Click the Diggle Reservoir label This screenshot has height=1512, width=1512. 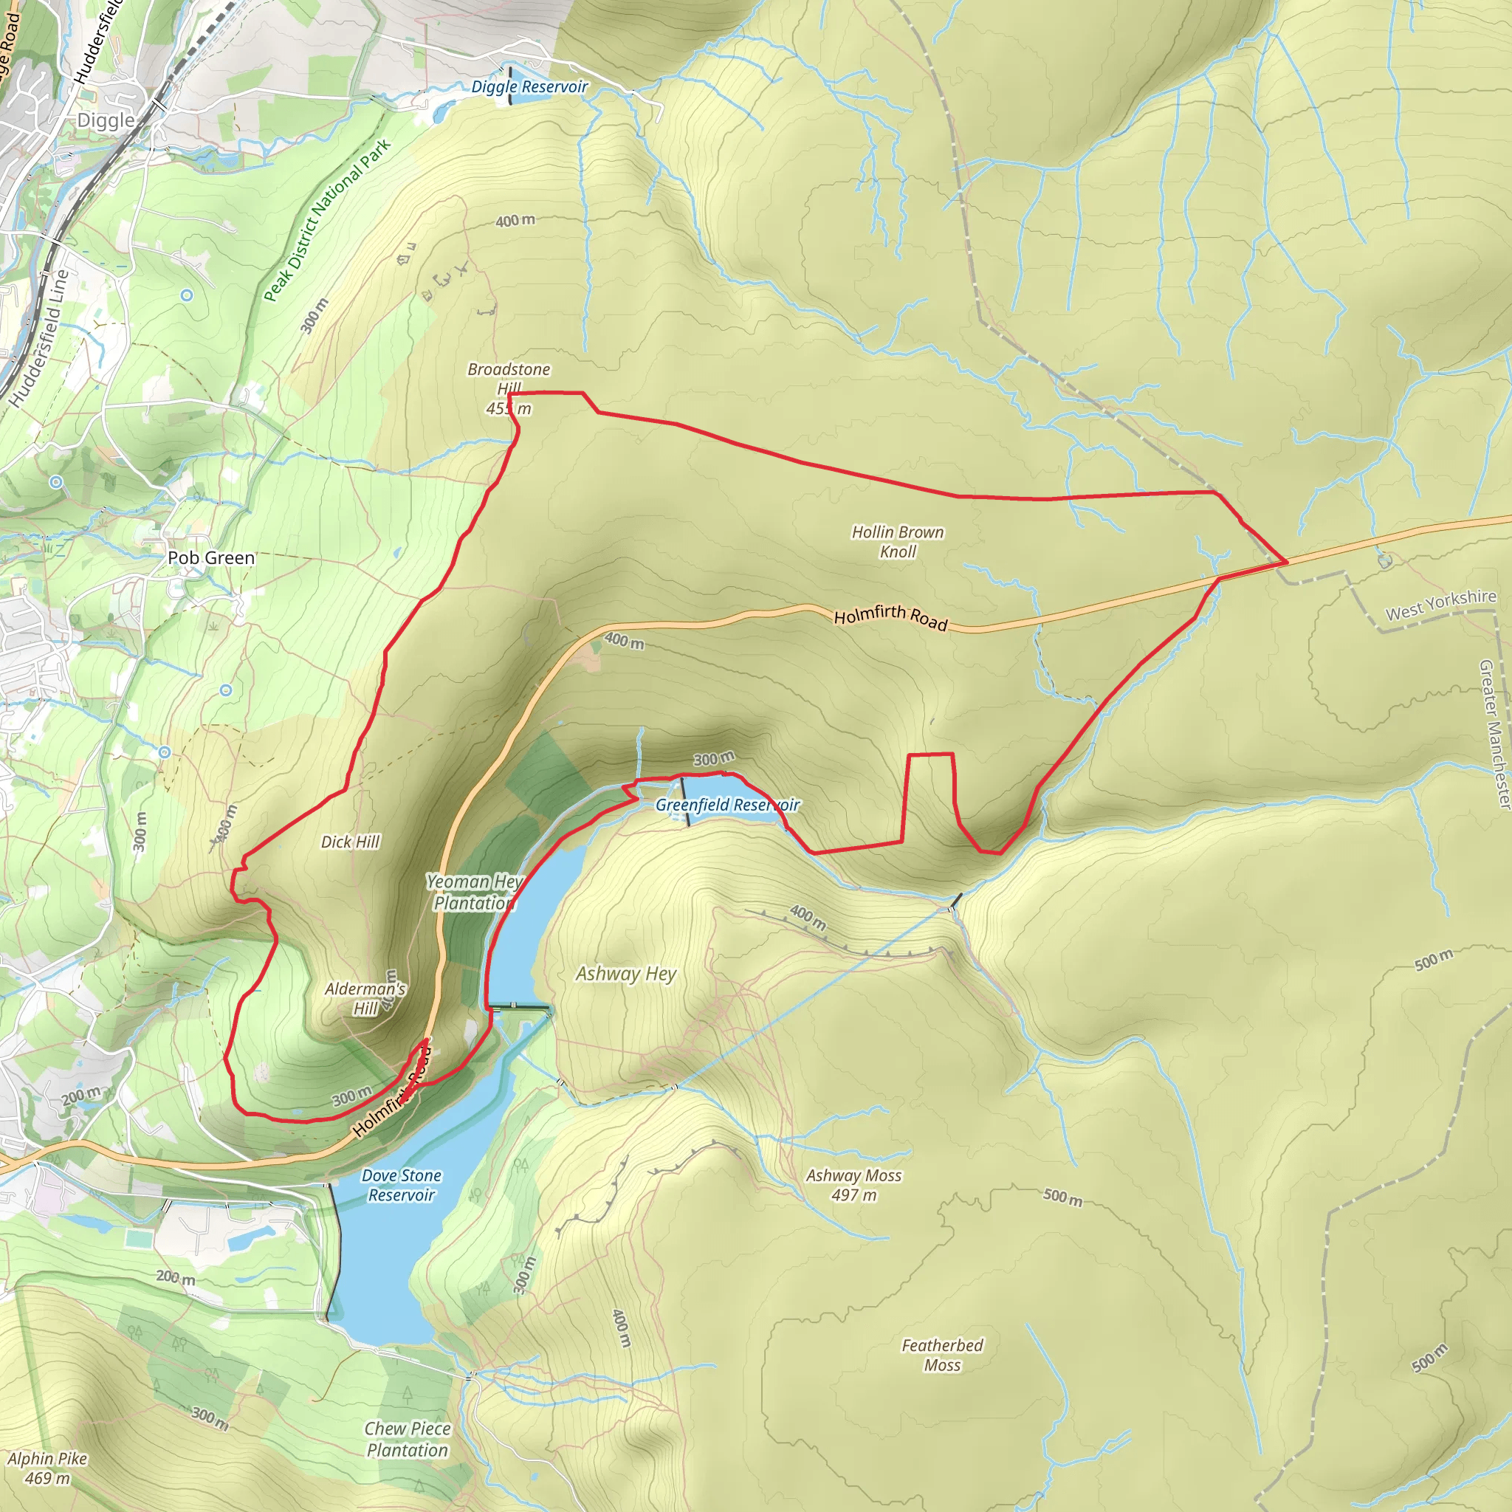(x=529, y=87)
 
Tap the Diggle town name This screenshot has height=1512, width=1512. (x=106, y=120)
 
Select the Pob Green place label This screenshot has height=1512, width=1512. (x=211, y=558)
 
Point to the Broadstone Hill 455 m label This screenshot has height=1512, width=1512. (x=509, y=389)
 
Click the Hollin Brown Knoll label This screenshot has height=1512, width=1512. (x=898, y=542)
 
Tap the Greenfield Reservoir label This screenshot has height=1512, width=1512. (x=727, y=805)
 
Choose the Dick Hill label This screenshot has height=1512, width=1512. (x=350, y=842)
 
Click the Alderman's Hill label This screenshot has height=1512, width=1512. (x=365, y=998)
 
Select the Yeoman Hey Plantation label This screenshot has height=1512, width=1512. (x=474, y=892)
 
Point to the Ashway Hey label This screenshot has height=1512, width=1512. (x=626, y=974)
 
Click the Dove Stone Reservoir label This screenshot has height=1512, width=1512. (x=402, y=1185)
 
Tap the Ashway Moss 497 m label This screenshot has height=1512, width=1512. (x=854, y=1185)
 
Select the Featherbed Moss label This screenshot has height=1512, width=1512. (x=942, y=1355)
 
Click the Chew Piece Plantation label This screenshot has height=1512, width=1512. (x=408, y=1439)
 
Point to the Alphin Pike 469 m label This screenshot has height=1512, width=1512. (x=47, y=1468)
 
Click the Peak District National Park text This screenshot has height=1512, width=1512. (x=326, y=221)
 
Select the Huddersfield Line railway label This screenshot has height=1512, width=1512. (x=39, y=338)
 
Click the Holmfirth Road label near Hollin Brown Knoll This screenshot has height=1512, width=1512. (x=890, y=616)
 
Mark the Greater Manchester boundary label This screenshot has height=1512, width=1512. (x=1494, y=734)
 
